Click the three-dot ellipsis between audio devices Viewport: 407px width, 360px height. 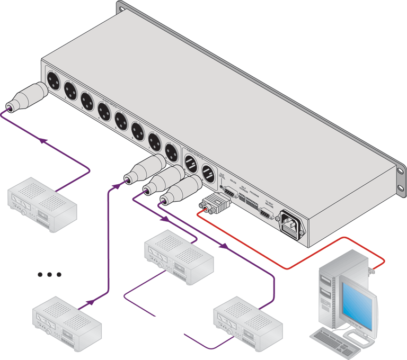pos(50,275)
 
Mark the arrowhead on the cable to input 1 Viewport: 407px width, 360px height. pos(42,141)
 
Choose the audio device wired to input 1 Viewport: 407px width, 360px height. pos(42,199)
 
